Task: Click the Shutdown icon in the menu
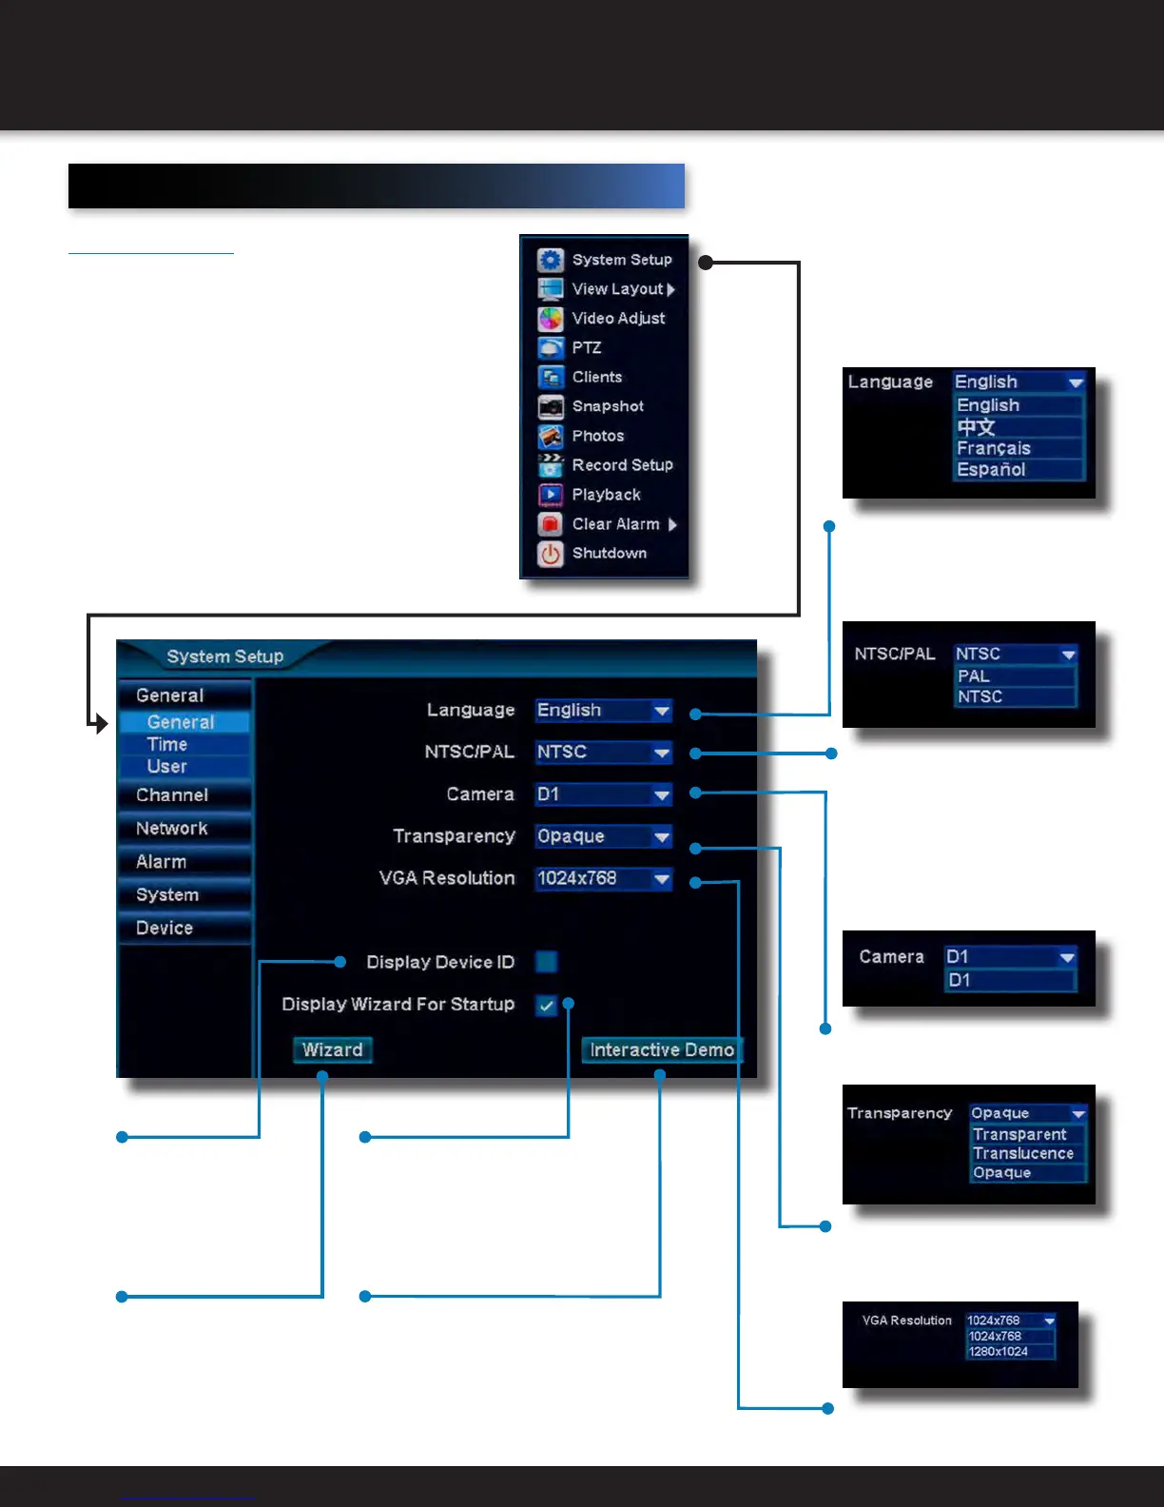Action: pos(551,554)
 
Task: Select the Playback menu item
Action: pos(606,495)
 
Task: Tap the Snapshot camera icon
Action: pos(551,407)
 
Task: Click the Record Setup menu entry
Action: pos(622,465)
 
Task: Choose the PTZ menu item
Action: pos(586,348)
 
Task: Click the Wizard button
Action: pos(332,1050)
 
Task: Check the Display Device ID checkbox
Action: pos(547,962)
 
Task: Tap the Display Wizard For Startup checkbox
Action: pos(547,1005)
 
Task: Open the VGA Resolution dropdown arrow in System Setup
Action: pos(662,879)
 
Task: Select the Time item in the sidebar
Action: pos(167,745)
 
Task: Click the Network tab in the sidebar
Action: pos(172,829)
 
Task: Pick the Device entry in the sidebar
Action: pos(165,929)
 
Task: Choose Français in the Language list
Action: pos(994,448)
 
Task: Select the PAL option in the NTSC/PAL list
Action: pos(974,676)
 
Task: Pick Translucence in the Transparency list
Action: pos(1023,1154)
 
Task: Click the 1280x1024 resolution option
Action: pos(999,1352)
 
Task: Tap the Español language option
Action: pos(991,470)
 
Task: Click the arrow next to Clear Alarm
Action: pos(672,525)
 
